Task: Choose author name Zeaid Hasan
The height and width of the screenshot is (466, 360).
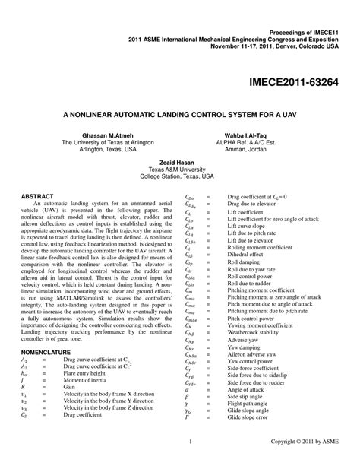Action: (x=181, y=161)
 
